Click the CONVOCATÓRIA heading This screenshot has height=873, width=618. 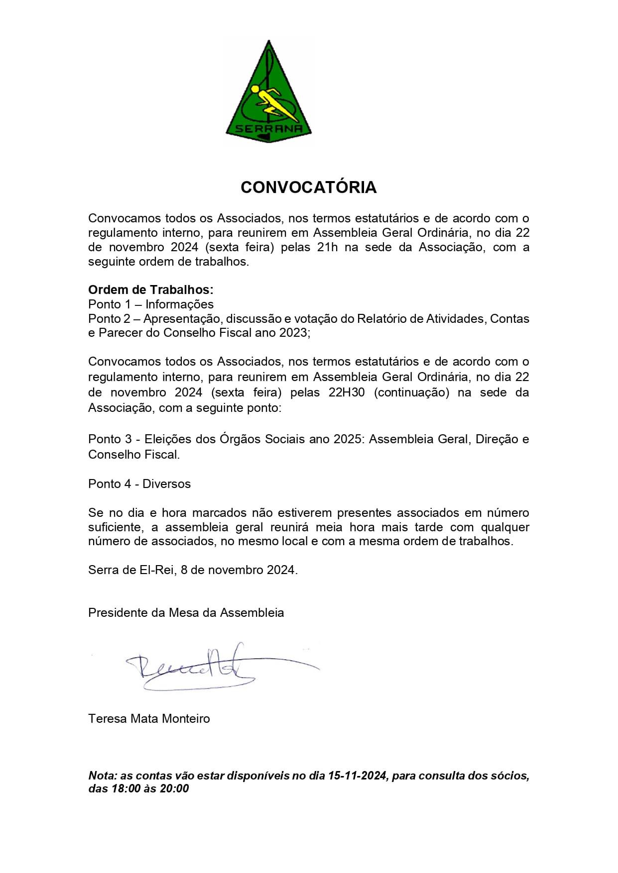click(x=308, y=188)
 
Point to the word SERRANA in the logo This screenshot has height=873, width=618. click(x=269, y=129)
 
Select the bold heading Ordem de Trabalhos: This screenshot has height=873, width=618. click(x=150, y=290)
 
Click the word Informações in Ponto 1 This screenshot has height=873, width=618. click(x=179, y=304)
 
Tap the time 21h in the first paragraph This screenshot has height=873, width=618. click(x=327, y=247)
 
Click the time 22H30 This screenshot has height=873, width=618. click(x=346, y=392)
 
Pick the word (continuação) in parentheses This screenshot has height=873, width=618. click(x=411, y=392)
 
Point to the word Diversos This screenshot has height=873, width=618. click(x=166, y=484)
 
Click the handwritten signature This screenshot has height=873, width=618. click(x=199, y=667)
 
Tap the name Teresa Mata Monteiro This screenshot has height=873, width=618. click(x=149, y=719)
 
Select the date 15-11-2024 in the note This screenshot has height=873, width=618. click(x=357, y=776)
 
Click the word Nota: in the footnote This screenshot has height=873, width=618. click(x=103, y=776)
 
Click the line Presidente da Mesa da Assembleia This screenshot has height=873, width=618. click(x=186, y=613)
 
